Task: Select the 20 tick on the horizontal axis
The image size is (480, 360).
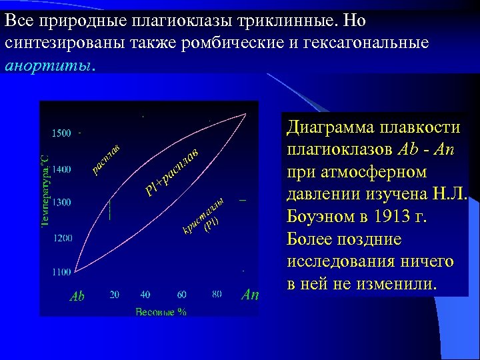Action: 115,294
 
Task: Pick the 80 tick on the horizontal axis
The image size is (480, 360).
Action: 217,294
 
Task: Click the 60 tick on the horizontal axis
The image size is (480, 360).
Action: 182,294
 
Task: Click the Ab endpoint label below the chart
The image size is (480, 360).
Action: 77,296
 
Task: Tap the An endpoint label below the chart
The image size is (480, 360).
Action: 250,294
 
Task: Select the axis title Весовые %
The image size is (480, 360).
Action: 161,311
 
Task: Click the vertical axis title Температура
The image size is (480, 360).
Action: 45,190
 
